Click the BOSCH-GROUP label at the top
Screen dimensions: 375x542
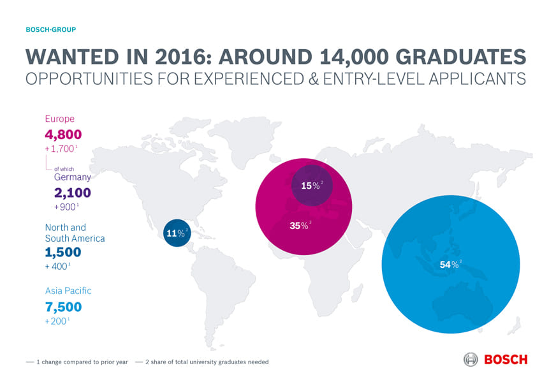[x=50, y=30]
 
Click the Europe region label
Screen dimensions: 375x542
[x=59, y=119]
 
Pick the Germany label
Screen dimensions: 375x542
[x=72, y=177]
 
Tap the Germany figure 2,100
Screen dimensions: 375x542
[x=72, y=193]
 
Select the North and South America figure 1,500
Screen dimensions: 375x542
[x=63, y=252]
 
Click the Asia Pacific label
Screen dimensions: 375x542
[x=68, y=291]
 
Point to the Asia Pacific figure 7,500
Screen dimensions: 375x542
[x=63, y=307]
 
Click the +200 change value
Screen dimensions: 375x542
[x=57, y=321]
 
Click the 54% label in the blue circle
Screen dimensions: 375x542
[x=450, y=265]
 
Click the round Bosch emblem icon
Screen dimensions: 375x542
[x=471, y=359]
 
